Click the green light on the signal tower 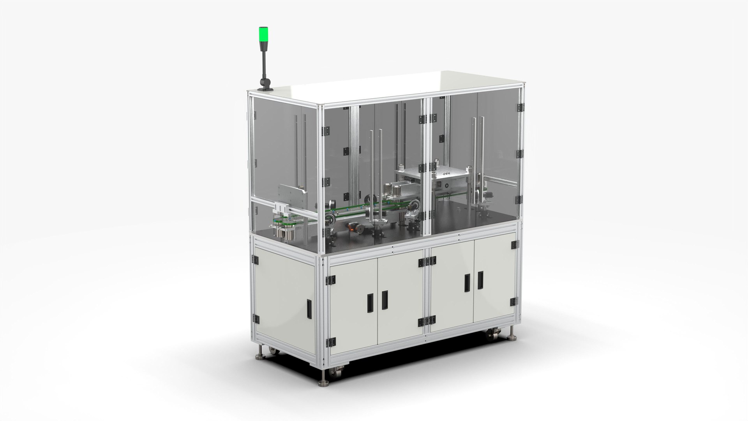pos(263,33)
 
